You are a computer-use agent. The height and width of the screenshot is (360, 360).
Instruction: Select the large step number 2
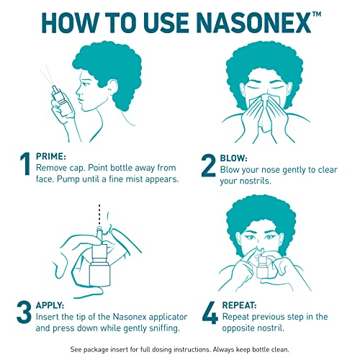coord(208,165)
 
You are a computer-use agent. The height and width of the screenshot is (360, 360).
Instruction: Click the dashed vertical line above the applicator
coord(99,217)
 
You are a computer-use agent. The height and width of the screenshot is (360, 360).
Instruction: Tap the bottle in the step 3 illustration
coord(100,266)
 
